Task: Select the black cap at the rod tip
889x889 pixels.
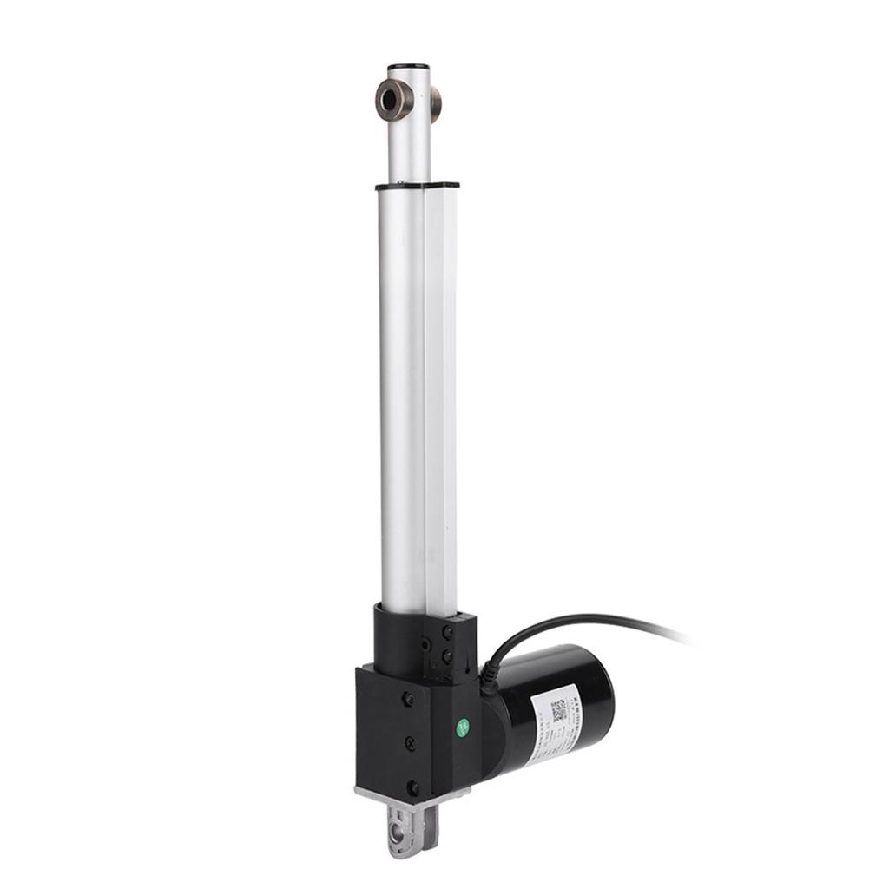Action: (x=408, y=66)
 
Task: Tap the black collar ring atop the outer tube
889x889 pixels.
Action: (x=417, y=185)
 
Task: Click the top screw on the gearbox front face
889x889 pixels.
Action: (x=407, y=700)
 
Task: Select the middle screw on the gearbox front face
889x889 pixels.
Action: (x=410, y=743)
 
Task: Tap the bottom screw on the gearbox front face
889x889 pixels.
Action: (x=412, y=787)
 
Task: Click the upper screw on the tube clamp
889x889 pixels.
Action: (x=447, y=635)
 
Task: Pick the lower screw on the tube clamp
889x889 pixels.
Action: (x=448, y=656)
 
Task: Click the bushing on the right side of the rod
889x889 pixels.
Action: (x=435, y=102)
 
